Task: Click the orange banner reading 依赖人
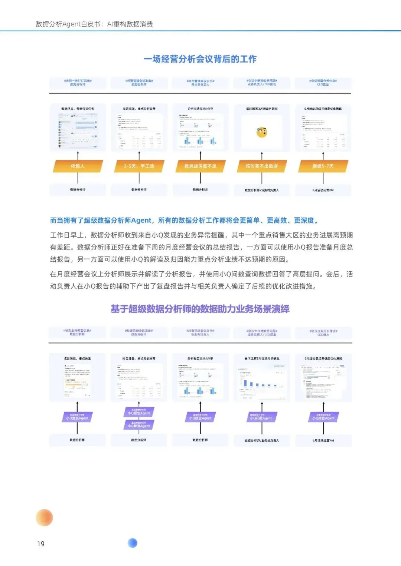(78, 166)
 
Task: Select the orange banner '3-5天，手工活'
(139, 166)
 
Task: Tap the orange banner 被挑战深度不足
(200, 166)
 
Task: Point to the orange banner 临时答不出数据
(261, 166)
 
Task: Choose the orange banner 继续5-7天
(323, 166)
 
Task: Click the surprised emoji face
(262, 132)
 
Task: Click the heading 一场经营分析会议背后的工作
(200, 59)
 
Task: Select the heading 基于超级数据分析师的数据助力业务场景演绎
(200, 309)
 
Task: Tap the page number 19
(41, 544)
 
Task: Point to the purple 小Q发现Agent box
(77, 417)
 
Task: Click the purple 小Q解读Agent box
(139, 425)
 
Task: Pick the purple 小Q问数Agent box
(261, 417)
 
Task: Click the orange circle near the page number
(44, 517)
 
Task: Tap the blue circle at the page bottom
(132, 543)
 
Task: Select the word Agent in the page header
(72, 24)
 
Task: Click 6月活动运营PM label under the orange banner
(323, 190)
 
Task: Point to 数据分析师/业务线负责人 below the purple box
(262, 440)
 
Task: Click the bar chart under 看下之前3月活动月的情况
(262, 382)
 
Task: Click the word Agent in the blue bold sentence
(141, 221)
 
